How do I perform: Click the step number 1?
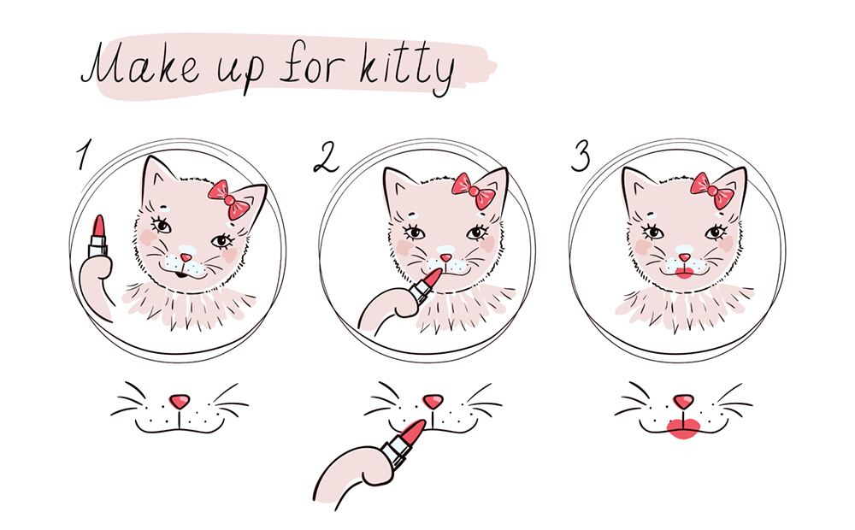click(x=83, y=155)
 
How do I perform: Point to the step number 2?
click(x=326, y=157)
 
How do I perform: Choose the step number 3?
click(x=581, y=156)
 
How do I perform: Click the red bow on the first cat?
click(x=229, y=199)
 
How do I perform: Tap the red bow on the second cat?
click(x=474, y=191)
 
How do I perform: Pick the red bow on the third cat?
click(x=712, y=191)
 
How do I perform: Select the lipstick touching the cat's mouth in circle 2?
click(x=426, y=286)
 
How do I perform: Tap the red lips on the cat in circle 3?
click(x=683, y=273)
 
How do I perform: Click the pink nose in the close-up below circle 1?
click(x=180, y=402)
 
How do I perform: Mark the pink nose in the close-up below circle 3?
click(x=682, y=401)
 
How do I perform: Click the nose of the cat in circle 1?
click(x=186, y=256)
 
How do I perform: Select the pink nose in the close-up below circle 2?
click(x=433, y=401)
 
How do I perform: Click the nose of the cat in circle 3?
click(x=684, y=256)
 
